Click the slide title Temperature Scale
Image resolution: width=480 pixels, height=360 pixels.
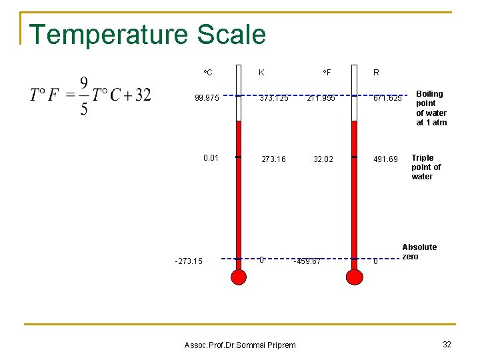(147, 35)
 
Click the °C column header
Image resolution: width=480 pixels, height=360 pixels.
(208, 72)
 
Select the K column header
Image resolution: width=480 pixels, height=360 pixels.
(261, 72)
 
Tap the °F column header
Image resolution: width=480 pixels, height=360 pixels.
(327, 72)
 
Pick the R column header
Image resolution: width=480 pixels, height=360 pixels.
(377, 72)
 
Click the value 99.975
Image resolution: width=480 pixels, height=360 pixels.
(207, 99)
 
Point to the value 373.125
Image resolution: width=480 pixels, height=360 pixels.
(275, 99)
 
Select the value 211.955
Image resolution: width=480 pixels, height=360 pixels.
(321, 99)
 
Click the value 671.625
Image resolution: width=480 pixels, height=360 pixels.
(387, 99)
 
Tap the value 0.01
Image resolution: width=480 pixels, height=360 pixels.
(211, 158)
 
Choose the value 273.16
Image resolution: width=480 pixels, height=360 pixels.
(273, 159)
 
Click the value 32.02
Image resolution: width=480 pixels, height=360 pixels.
(323, 159)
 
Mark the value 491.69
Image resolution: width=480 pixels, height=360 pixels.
(385, 159)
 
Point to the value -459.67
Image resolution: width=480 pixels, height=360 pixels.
(307, 261)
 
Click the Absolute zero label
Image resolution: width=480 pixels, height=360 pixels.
(419, 252)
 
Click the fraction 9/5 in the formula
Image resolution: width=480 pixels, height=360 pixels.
(84, 95)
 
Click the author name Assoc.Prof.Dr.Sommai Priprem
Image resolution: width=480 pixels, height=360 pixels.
(240, 345)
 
